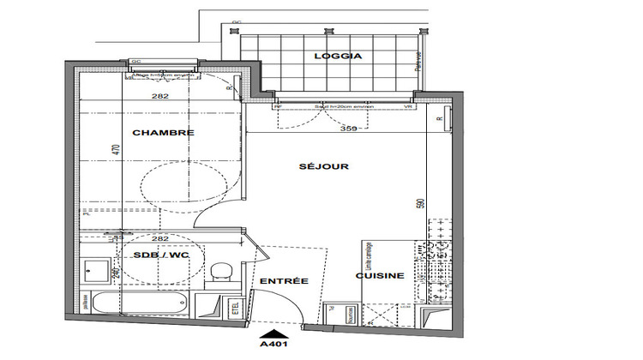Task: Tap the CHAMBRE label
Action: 163,133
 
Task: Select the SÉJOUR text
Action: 323,166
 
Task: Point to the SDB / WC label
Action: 161,255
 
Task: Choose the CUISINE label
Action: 380,276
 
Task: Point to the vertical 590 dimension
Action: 420,207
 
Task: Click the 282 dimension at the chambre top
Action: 159,97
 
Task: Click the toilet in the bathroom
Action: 219,273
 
